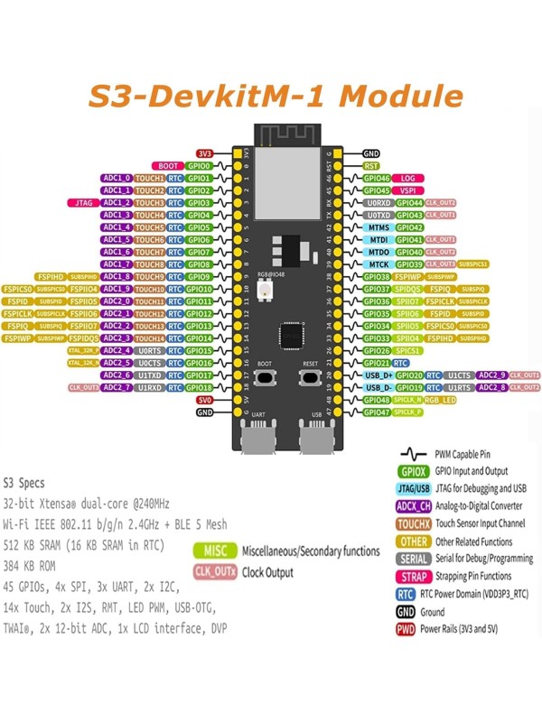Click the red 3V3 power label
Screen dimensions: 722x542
click(x=203, y=154)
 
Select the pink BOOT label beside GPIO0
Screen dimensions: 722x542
click(x=169, y=166)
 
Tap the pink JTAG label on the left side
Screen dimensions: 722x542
click(x=80, y=203)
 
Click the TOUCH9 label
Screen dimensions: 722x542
click(x=150, y=277)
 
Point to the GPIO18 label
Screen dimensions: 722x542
click(x=199, y=387)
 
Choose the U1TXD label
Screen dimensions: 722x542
click(x=150, y=375)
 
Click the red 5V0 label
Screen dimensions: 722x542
click(x=204, y=399)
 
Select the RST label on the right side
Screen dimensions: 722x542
click(x=371, y=166)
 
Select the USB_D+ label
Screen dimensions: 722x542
click(x=378, y=375)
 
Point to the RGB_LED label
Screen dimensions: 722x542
click(x=442, y=399)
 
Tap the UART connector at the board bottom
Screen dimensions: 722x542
click(x=256, y=440)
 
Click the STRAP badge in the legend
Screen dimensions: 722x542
click(x=412, y=575)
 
